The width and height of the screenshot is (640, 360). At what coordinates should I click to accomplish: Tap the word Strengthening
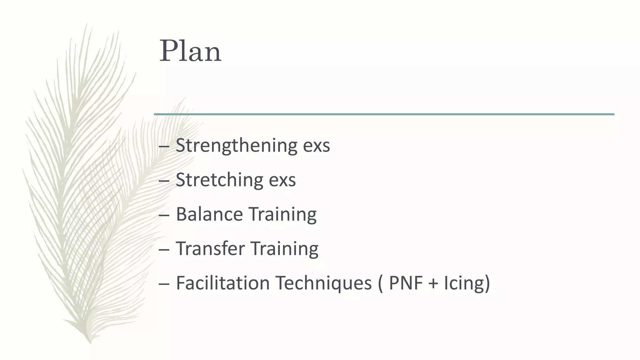click(237, 145)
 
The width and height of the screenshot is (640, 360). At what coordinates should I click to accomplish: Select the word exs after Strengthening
click(316, 146)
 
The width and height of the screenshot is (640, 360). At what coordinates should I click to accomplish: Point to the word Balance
click(209, 214)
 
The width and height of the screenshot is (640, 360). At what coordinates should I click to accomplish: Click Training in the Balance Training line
click(283, 215)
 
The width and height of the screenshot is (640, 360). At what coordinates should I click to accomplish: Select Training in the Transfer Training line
click(284, 249)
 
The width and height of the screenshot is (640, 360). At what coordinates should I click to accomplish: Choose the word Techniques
click(323, 283)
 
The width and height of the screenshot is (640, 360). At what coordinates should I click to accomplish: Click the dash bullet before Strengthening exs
click(164, 146)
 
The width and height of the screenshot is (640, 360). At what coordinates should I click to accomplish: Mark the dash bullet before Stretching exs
click(164, 181)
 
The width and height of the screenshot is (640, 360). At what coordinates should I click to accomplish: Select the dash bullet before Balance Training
click(164, 215)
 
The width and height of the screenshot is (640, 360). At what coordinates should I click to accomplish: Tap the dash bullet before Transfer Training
click(164, 249)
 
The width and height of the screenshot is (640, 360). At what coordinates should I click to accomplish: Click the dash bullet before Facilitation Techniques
click(164, 284)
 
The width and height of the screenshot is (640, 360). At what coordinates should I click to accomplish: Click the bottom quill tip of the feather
click(90, 342)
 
